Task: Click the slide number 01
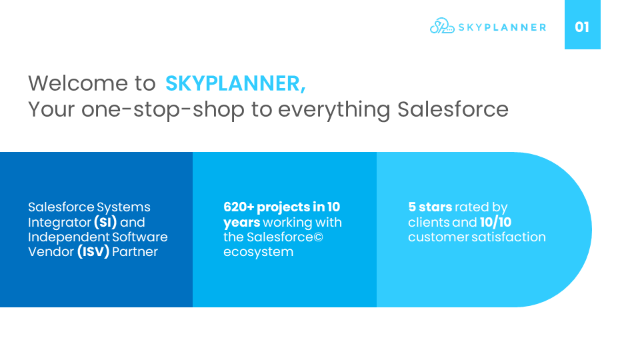point(582,27)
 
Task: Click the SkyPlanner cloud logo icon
point(442,27)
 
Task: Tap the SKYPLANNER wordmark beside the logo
point(501,27)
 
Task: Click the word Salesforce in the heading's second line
point(453,109)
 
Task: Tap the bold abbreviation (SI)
point(105,222)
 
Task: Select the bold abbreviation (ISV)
point(93,251)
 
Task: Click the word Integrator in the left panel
point(59,222)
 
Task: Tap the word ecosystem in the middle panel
point(258,251)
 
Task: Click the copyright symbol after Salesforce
point(318,237)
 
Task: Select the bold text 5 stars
point(430,207)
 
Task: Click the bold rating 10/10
point(495,222)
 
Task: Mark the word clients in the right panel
point(429,222)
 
